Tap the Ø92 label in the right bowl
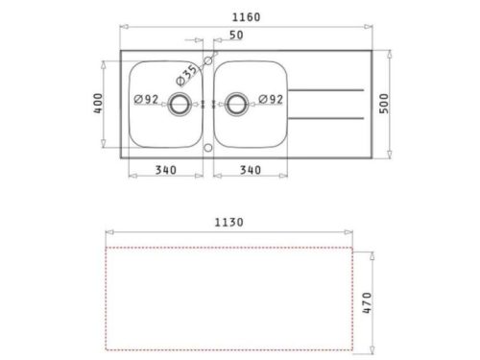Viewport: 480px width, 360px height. pos(270,100)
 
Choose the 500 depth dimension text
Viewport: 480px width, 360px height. pos(384,104)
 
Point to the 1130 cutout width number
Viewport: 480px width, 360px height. pos(228,223)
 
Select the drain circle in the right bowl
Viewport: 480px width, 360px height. pos(236,103)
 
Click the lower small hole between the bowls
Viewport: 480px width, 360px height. pos(208,148)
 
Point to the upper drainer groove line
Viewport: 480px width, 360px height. pos(326,90)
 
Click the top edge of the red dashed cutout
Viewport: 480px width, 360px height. pos(228,248)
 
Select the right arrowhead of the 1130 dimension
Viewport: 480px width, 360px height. pos(348,232)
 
